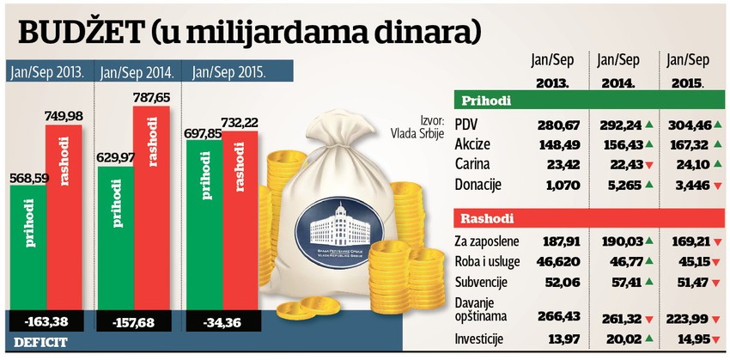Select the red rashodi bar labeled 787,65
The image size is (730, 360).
coord(151,206)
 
